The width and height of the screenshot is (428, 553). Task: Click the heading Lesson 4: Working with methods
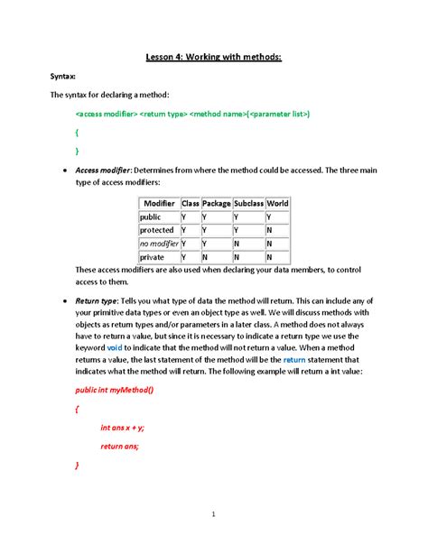tap(214, 58)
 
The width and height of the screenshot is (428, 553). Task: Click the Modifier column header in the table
tap(158, 204)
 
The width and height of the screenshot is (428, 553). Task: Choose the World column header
tap(278, 204)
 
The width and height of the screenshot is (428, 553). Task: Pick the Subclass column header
tap(248, 204)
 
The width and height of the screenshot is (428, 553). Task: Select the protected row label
tap(156, 230)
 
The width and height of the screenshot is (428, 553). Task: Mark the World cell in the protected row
tap(270, 230)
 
